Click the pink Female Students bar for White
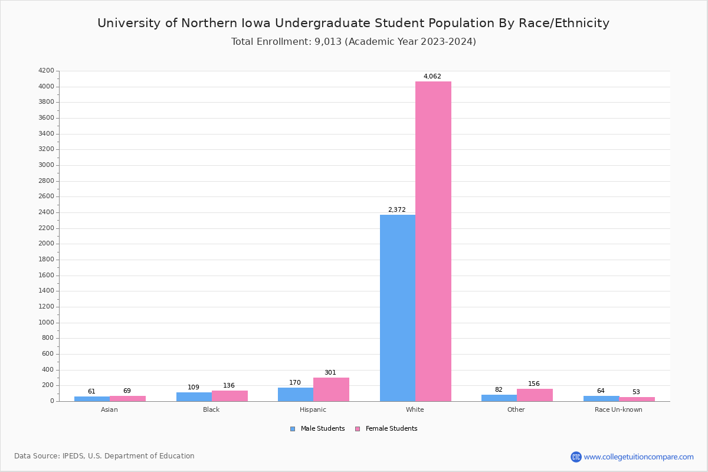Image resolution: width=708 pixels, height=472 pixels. point(433,241)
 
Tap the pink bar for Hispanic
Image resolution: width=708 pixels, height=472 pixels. point(331,389)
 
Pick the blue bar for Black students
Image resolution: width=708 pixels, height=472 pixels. point(194,397)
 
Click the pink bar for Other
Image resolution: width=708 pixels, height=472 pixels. point(535,395)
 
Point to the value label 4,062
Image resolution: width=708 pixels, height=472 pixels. point(432,77)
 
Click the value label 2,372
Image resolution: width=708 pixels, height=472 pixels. point(397,210)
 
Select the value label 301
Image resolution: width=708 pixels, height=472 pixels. point(330,373)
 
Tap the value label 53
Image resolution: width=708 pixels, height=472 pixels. point(636,392)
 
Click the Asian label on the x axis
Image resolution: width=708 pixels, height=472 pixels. point(110,409)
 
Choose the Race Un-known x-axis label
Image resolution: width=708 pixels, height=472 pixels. point(618,409)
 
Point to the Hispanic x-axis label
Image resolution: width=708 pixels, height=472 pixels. point(313,409)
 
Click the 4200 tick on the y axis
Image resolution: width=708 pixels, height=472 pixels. point(46,71)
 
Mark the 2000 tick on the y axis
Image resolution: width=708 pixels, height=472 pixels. point(46,244)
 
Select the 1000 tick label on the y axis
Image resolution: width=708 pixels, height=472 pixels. point(46,323)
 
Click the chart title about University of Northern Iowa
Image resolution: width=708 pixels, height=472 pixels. point(353,24)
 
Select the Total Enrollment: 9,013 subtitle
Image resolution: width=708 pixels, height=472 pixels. point(353,42)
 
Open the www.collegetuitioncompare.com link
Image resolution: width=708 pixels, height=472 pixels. point(638,457)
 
